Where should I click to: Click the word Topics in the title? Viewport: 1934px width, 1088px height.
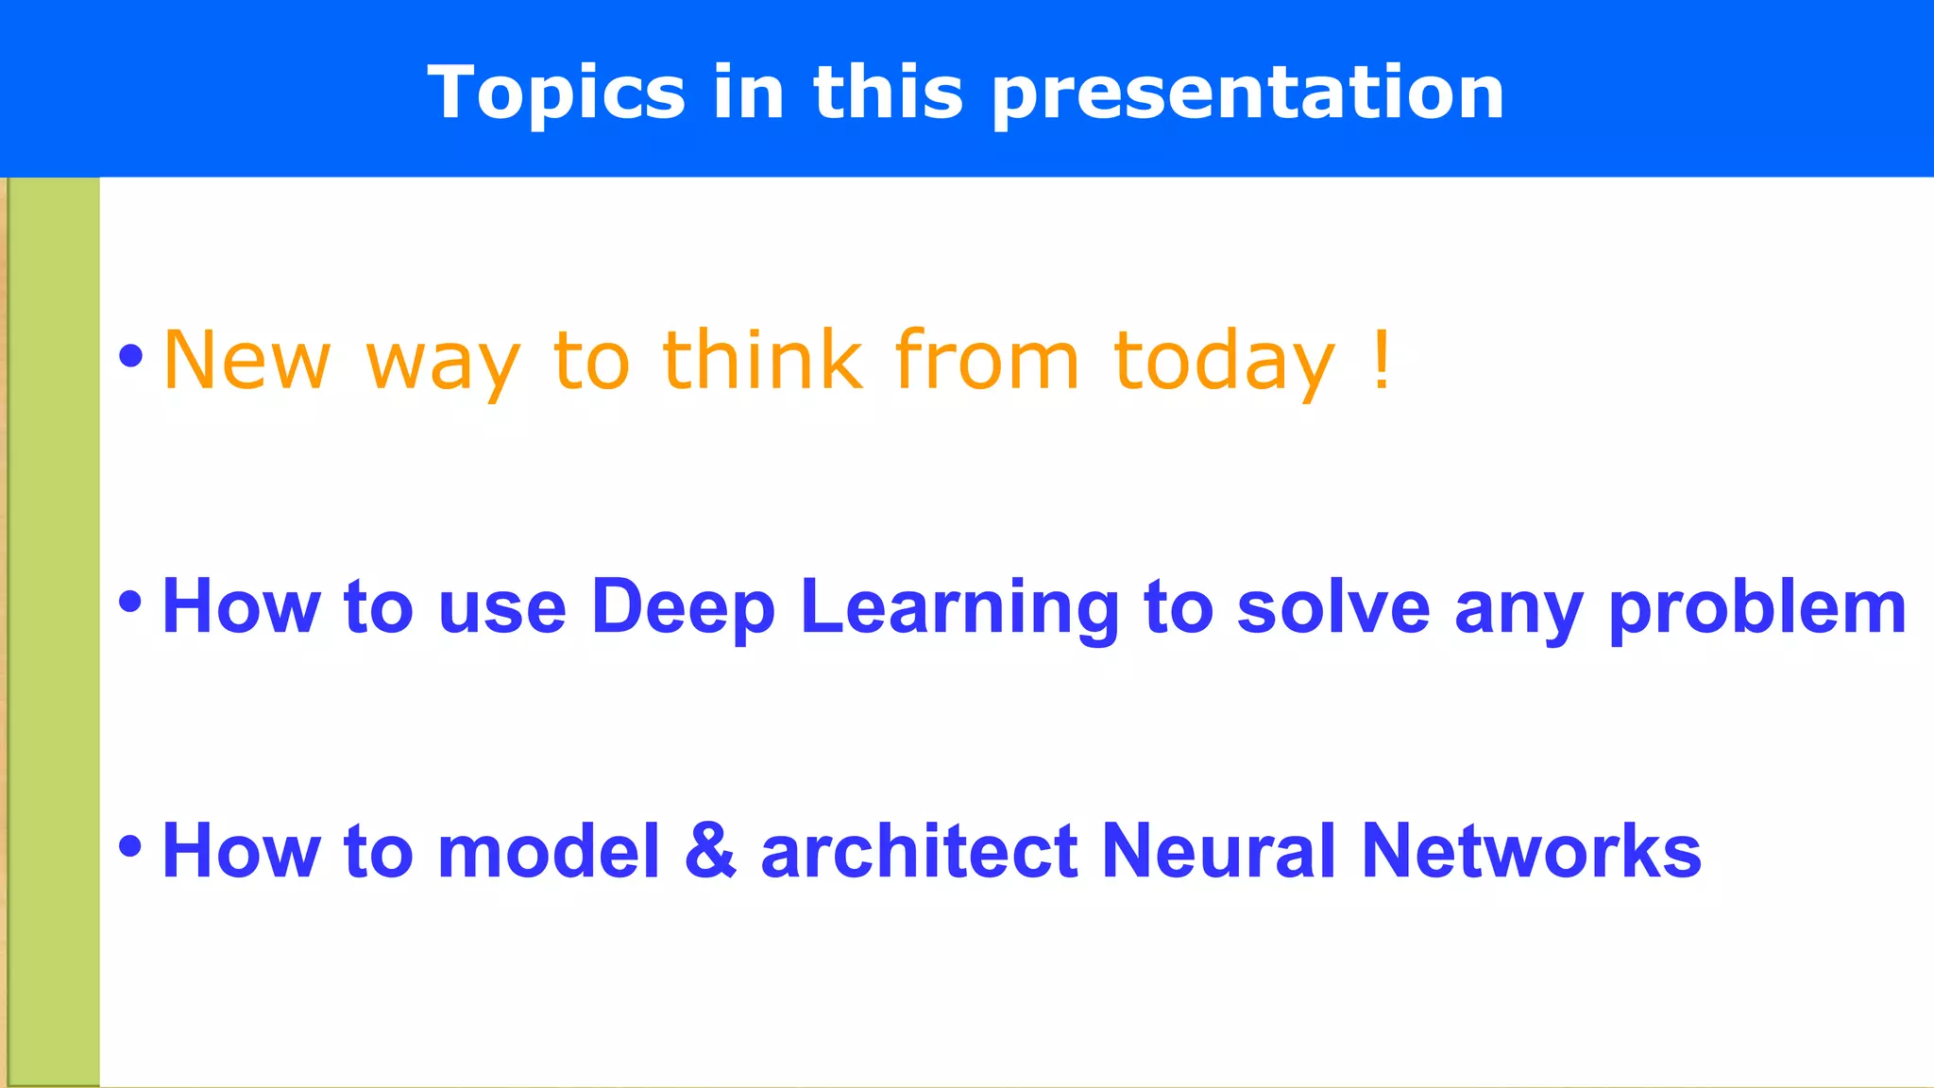tap(556, 93)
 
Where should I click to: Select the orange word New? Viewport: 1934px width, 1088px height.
tap(246, 360)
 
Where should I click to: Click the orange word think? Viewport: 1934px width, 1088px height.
tap(763, 360)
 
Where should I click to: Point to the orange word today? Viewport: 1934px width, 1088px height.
tap(1225, 360)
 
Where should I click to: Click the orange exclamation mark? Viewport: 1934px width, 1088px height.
tap(1382, 360)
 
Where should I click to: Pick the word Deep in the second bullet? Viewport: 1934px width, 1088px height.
tap(683, 606)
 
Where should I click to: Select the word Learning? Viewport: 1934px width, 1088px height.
tap(959, 606)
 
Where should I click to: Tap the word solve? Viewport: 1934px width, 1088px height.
tap(1333, 606)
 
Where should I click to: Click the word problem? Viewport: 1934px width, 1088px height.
tap(1757, 606)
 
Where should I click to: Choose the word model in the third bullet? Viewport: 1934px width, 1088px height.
tap(549, 851)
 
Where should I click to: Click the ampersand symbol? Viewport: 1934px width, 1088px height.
tap(710, 851)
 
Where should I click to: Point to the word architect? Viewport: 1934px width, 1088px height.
tap(919, 851)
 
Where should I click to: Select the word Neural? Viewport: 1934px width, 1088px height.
tap(1218, 851)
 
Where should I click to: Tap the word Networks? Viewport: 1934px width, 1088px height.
tap(1531, 851)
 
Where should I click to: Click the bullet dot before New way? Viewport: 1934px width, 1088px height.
tap(130, 356)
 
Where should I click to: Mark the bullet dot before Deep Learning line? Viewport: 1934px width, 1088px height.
tap(130, 602)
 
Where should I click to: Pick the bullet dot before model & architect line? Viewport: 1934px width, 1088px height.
tap(130, 846)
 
